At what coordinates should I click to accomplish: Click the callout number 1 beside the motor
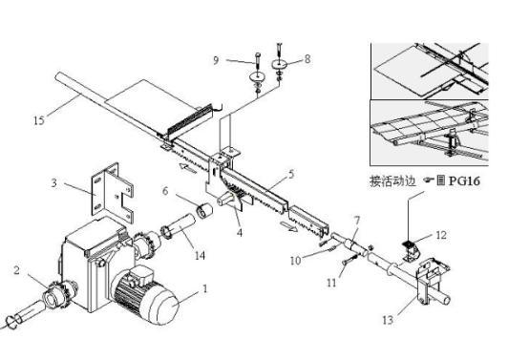pos(204,288)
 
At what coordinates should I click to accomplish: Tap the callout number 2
pos(16,270)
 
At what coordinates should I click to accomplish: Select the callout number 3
pos(54,183)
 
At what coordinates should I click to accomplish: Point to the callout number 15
pos(39,120)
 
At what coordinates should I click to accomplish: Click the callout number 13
pos(388,320)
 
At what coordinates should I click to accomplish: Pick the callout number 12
pos(441,235)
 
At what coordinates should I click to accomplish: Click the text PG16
pos(464,181)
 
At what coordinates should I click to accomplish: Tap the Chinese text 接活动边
pos(392,181)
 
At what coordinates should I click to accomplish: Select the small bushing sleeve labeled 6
pos(204,210)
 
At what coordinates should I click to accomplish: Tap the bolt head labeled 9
pos(258,54)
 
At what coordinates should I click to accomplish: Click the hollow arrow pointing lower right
pos(289,226)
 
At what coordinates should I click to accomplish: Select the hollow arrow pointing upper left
pos(188,168)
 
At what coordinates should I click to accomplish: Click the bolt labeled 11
pos(350,260)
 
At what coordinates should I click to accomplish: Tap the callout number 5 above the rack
pos(291,175)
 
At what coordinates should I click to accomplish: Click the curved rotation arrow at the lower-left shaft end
pos(12,322)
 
